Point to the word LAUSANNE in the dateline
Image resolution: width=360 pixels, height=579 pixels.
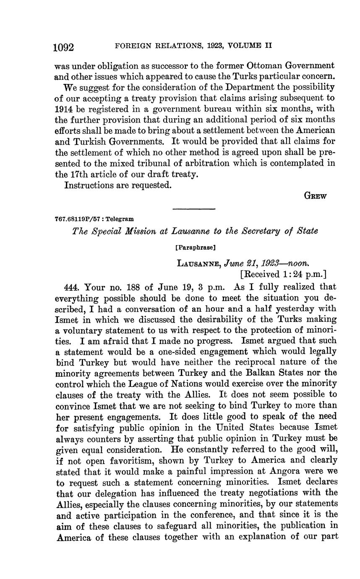[199, 263]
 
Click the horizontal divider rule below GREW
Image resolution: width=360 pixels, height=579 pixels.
[194, 209]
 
